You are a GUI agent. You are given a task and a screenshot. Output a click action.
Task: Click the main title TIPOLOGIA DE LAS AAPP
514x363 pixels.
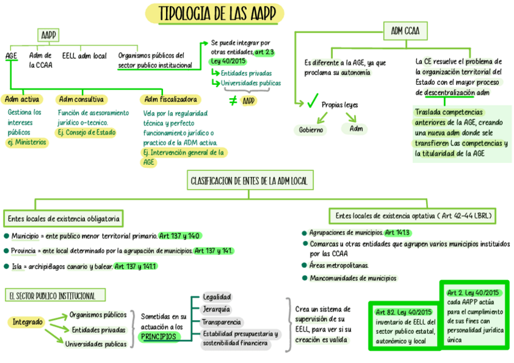[215, 14]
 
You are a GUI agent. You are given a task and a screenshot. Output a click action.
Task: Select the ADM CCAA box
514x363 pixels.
[405, 30]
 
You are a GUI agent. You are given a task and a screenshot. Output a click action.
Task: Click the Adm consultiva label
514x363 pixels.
[81, 99]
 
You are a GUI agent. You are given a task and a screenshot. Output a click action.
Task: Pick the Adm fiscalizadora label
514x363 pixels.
[170, 99]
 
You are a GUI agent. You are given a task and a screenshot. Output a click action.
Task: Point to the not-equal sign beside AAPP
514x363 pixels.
[233, 101]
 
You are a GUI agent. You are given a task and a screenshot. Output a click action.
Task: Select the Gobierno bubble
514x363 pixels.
[312, 130]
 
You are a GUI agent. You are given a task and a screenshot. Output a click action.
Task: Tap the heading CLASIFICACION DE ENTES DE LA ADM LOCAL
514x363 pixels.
[249, 181]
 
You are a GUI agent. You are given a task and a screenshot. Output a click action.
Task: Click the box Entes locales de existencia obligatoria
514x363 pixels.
[64, 218]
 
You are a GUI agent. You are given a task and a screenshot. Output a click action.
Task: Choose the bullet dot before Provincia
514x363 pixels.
[6, 251]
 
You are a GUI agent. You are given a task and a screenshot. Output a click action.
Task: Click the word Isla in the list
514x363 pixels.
[18, 266]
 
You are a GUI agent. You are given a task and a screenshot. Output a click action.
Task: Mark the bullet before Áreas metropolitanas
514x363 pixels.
[304, 265]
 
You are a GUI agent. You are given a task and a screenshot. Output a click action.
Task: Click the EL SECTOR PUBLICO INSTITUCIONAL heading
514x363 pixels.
[53, 296]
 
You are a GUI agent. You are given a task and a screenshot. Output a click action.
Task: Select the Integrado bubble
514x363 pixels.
[28, 322]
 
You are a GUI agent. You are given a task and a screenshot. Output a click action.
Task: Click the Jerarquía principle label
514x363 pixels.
[216, 310]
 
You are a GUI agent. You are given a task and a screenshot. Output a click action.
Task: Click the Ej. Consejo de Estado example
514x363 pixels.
[86, 132]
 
